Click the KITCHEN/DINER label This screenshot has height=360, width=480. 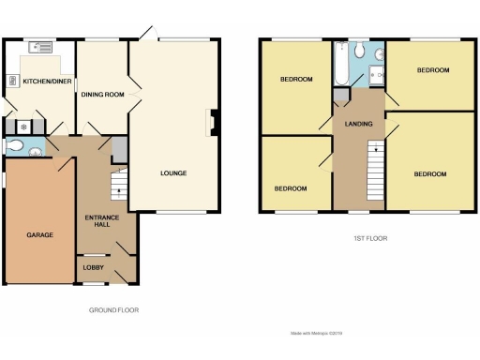click(41, 82)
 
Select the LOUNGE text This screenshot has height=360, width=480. click(173, 172)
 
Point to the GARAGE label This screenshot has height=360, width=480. click(38, 236)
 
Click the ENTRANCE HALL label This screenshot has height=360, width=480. click(96, 221)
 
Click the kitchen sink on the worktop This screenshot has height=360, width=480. click(40, 45)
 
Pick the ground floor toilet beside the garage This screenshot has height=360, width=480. click(14, 145)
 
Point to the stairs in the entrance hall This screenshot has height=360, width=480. click(118, 184)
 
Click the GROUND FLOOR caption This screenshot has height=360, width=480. click(120, 310)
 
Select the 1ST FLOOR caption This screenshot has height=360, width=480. click(370, 239)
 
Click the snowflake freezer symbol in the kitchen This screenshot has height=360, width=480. click(23, 127)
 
